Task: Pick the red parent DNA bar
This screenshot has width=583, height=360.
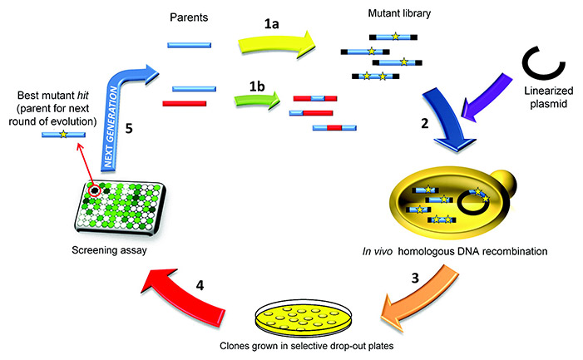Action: coord(184,104)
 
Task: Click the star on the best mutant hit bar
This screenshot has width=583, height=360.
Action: coord(64,134)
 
